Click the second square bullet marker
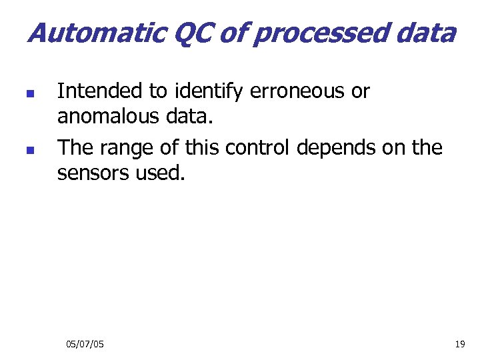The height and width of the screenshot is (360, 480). coord(28,151)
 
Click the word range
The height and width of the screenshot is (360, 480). coord(130,147)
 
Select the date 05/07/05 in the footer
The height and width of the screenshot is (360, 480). coord(85,344)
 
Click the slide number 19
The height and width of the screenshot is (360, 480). coord(459,344)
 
